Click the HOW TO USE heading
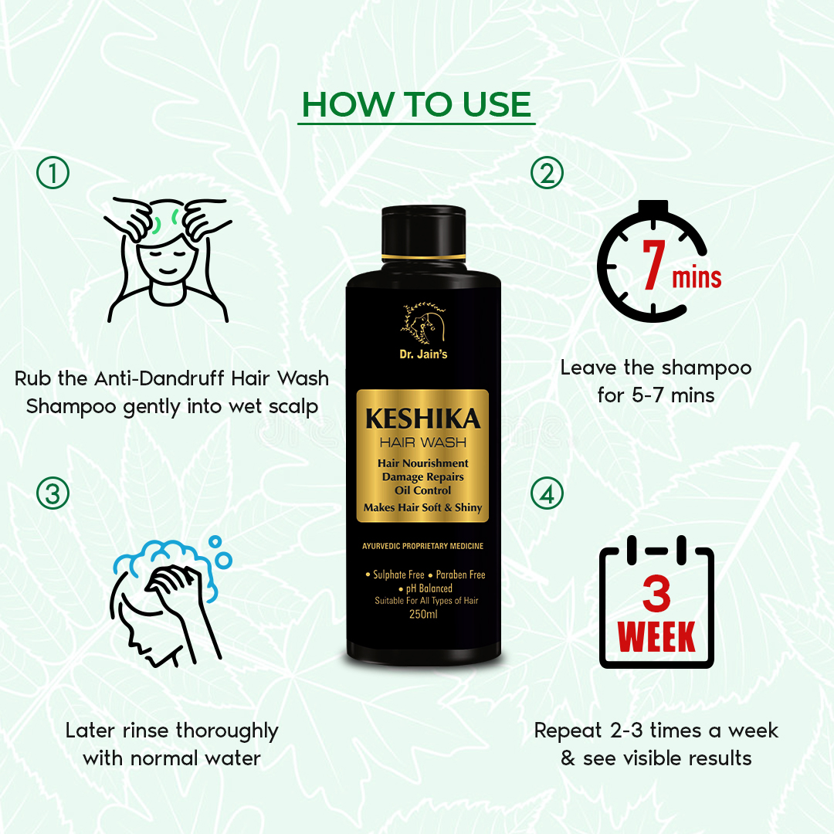416,104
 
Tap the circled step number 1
53,173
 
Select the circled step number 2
547,173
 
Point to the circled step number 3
53,493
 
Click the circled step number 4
547,493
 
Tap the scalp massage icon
168,260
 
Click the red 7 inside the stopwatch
654,264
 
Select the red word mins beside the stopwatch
697,278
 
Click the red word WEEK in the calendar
656,636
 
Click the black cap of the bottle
423,234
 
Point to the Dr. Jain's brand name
423,354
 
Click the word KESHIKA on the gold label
423,419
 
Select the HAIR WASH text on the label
423,442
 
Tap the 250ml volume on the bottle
423,615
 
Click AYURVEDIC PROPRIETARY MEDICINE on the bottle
423,546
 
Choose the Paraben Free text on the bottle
460,575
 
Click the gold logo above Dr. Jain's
423,323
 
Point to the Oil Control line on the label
423,490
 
